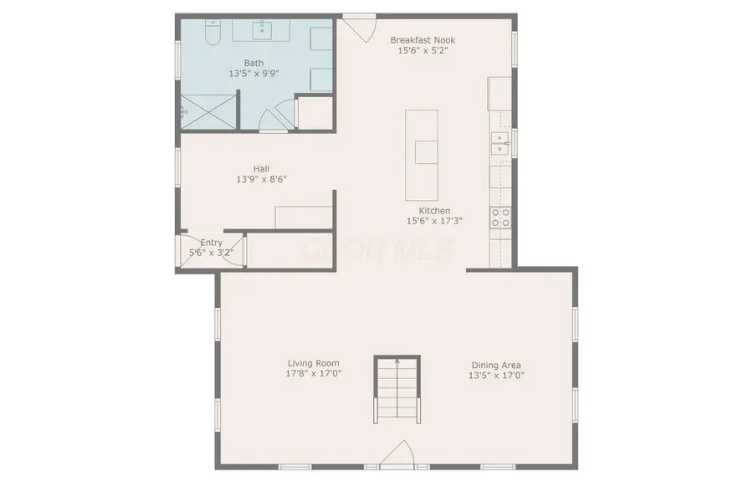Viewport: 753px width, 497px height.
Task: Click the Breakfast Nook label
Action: click(423, 40)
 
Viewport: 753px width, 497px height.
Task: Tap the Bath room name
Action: click(254, 63)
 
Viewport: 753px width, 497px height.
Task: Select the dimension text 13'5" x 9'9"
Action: click(254, 74)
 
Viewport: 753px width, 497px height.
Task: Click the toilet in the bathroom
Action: click(213, 32)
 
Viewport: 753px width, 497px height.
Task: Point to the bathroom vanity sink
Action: click(262, 31)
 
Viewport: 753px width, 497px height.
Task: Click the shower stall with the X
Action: click(208, 112)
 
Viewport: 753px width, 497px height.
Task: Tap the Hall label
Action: click(261, 168)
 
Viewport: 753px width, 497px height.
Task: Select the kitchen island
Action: click(421, 155)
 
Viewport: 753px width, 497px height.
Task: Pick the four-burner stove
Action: click(500, 218)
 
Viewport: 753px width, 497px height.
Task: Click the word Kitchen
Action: click(434, 210)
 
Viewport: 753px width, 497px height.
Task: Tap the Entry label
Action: click(212, 243)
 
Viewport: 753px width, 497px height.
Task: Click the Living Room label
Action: click(314, 363)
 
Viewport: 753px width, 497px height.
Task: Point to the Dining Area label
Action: click(496, 365)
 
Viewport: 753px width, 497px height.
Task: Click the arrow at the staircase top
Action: click(397, 361)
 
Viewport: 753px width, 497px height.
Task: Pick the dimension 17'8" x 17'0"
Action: click(314, 374)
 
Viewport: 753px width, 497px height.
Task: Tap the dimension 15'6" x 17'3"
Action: click(434, 221)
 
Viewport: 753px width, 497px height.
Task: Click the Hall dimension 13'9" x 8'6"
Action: click(261, 179)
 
